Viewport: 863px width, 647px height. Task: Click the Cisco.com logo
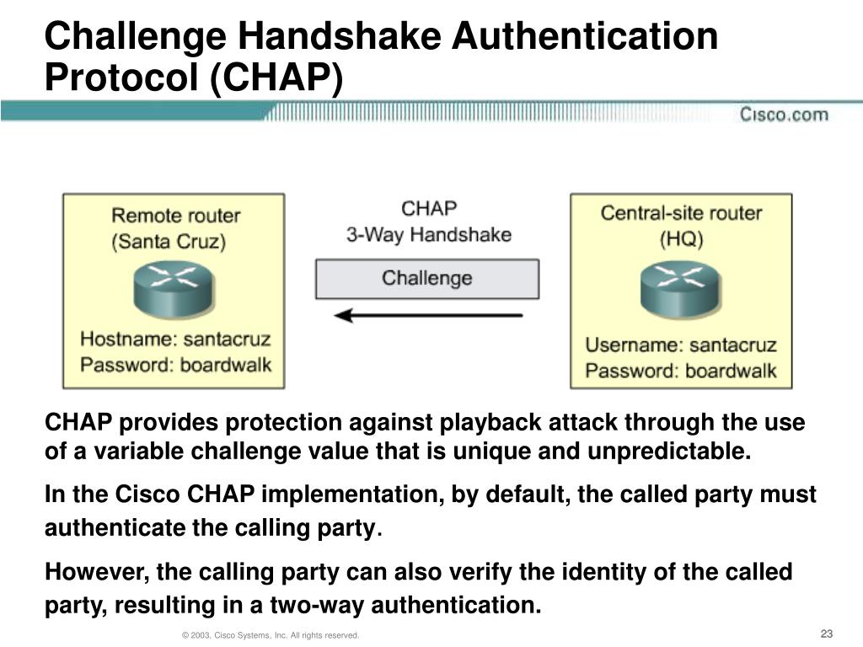(x=784, y=115)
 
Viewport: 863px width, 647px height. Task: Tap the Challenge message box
(x=427, y=279)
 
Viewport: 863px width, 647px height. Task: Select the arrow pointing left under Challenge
(x=428, y=316)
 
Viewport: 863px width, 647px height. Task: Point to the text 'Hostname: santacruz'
(x=175, y=340)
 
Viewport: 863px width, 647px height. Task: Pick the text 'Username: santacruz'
(x=681, y=345)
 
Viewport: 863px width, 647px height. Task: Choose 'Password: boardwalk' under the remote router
(x=175, y=366)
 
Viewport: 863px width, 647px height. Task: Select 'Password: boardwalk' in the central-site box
(x=681, y=371)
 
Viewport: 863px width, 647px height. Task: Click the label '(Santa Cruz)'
(x=169, y=242)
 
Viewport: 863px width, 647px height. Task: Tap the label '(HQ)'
(x=681, y=238)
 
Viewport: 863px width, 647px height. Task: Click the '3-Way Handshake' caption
(x=428, y=234)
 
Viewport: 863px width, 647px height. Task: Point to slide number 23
(x=826, y=634)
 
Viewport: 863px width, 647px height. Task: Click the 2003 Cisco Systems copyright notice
(x=271, y=634)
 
